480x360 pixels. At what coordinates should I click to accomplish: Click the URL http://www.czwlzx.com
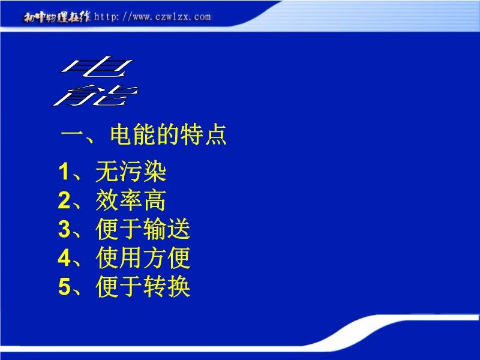coord(152,17)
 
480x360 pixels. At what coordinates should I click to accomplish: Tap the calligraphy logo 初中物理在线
coord(57,17)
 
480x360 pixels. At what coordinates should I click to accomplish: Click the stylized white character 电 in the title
coord(97,67)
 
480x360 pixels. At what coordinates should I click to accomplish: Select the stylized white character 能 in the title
coord(95,95)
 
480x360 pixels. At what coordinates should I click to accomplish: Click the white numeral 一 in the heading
coord(73,134)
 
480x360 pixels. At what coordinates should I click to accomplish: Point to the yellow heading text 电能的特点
coord(169,134)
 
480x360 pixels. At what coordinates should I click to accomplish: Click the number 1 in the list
coord(64,172)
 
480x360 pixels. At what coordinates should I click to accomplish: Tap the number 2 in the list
coord(64,200)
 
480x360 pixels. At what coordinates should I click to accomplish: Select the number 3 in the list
coord(64,229)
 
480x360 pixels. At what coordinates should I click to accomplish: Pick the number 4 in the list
coord(64,258)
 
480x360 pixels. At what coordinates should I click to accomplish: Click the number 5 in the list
coord(64,287)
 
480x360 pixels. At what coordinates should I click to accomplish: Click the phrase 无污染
coord(131,172)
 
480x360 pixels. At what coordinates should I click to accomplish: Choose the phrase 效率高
coord(131,200)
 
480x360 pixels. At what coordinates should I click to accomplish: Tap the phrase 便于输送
coord(143,229)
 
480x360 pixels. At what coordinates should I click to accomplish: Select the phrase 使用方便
coord(143,258)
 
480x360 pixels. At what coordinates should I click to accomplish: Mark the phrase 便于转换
coord(143,287)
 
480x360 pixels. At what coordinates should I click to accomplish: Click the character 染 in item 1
coord(155,172)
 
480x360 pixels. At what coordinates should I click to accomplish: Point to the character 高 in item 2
coord(155,200)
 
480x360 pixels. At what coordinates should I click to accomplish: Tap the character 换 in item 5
coord(179,287)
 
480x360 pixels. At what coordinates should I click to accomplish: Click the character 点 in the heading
coord(216,134)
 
